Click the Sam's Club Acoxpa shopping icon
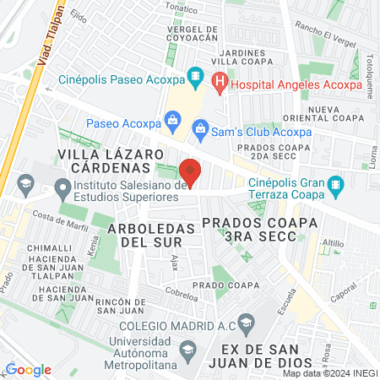(x=200, y=128)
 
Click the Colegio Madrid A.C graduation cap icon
(x=246, y=322)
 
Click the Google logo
(x=28, y=369)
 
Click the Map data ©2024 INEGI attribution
(x=329, y=372)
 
